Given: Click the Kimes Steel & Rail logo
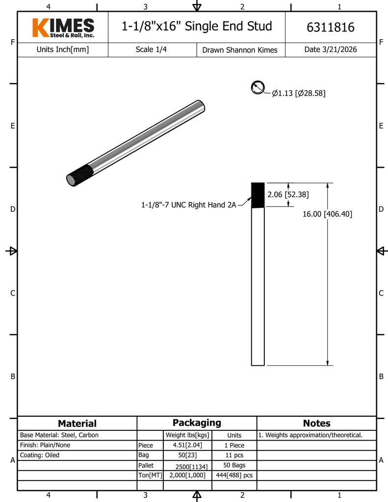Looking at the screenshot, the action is (63, 27).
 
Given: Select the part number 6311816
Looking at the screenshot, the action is (330, 27).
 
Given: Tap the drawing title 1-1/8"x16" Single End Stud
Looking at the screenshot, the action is (197, 26).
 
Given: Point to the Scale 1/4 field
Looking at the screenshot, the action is (151, 50).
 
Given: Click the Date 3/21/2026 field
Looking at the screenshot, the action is (330, 50).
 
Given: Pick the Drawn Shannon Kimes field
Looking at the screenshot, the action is (240, 50).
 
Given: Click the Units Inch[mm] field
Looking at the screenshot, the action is (62, 50).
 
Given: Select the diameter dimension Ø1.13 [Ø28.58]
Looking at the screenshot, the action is (299, 93).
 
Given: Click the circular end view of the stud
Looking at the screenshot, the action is (258, 87).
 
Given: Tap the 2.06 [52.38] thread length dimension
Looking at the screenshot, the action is (288, 194).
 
